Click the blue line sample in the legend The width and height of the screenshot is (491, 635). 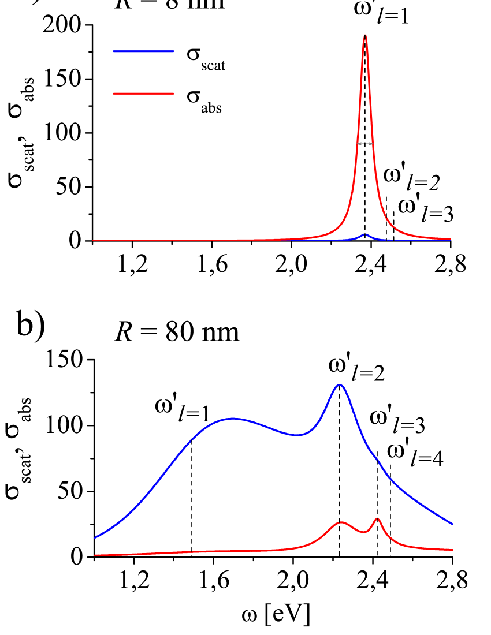[x=143, y=51]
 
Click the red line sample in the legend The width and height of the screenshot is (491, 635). [x=143, y=93]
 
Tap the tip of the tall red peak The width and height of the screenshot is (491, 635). [x=365, y=36]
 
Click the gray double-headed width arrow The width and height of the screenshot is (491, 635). [x=365, y=144]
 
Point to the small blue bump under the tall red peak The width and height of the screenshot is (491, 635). [x=364, y=234]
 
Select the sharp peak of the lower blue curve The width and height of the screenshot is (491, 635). [x=339, y=384]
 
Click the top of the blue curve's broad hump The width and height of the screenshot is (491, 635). [x=233, y=419]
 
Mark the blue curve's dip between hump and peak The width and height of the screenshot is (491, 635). [x=296, y=435]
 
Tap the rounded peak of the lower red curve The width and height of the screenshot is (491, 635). [x=342, y=522]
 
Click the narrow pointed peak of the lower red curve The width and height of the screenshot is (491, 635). [x=377, y=518]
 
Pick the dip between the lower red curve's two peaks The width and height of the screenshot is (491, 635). [x=363, y=532]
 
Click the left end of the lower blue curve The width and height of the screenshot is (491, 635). [x=95, y=537]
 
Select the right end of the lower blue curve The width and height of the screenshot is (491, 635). [x=452, y=524]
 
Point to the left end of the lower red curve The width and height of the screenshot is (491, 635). [x=95, y=555]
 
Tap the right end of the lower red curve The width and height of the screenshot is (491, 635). [x=452, y=550]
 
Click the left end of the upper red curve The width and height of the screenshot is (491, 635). [x=94, y=240]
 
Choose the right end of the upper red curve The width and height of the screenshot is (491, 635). [x=451, y=238]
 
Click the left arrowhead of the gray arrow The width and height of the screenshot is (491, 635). [x=358, y=144]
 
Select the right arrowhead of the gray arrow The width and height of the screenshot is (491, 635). [x=372, y=144]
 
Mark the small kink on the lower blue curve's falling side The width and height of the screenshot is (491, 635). [x=378, y=460]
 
